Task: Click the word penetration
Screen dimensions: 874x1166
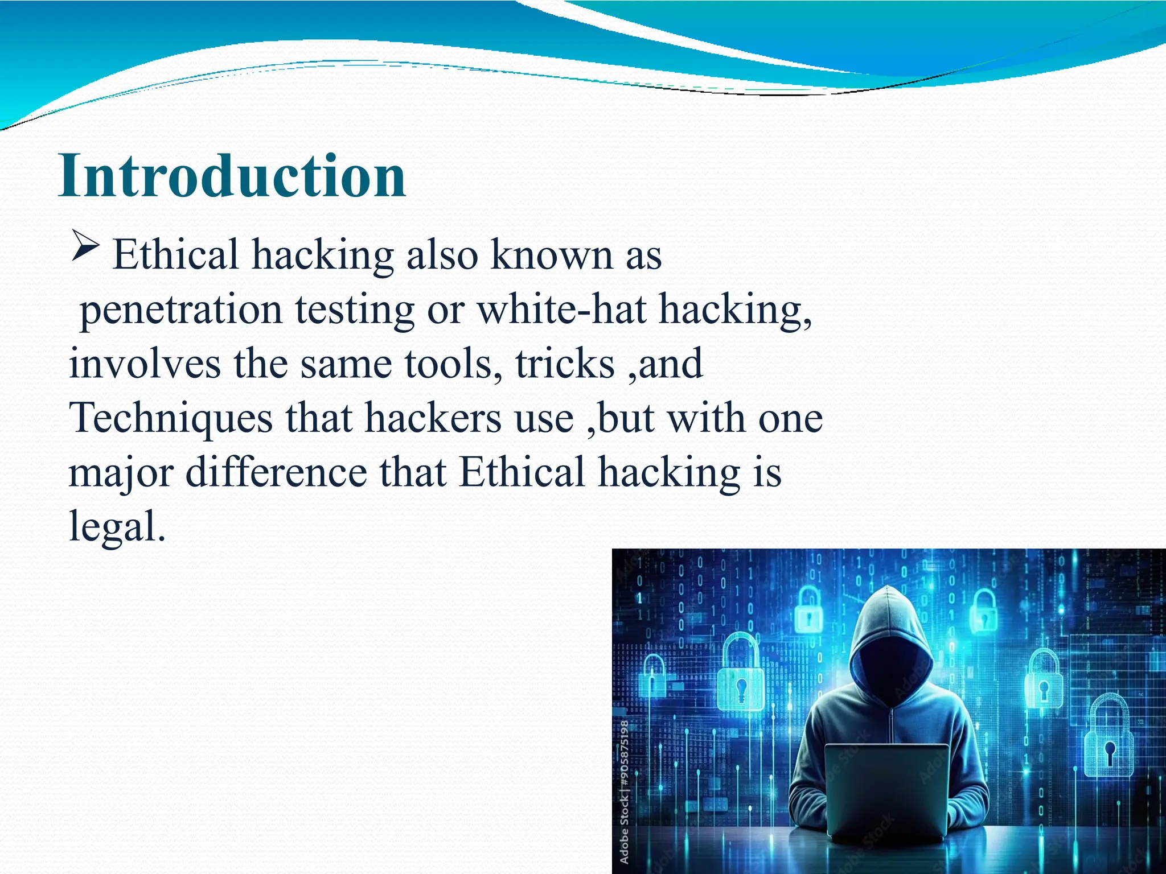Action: click(181, 310)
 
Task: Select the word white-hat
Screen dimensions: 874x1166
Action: click(561, 310)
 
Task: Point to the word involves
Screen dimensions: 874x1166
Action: click(145, 364)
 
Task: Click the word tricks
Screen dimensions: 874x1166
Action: click(565, 364)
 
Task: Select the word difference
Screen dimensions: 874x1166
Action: click(276, 472)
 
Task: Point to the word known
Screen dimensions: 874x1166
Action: click(551, 255)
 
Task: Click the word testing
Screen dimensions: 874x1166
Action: click(355, 310)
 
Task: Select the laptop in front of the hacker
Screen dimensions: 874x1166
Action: click(886, 791)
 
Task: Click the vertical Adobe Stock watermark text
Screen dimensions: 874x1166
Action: click(625, 791)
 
